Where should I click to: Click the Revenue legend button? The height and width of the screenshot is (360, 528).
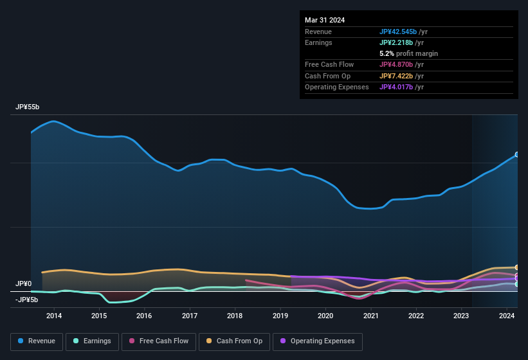click(37, 341)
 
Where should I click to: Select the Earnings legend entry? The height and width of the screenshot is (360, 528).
click(93, 341)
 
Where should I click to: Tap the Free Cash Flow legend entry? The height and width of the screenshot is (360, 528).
click(158, 341)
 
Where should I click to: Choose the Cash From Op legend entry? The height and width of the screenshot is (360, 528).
click(235, 341)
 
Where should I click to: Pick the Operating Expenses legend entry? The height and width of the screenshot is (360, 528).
click(318, 341)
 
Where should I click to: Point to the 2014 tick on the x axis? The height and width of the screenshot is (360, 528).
click(54, 316)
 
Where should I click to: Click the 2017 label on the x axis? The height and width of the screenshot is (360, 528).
click(190, 316)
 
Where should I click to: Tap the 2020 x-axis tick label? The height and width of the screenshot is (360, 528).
click(325, 316)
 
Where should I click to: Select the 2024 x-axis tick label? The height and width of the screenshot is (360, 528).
click(506, 316)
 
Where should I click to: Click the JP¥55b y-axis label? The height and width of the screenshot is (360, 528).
click(27, 107)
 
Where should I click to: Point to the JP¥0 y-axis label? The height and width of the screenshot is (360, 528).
click(23, 283)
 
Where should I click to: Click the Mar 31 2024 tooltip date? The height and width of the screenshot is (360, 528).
click(325, 20)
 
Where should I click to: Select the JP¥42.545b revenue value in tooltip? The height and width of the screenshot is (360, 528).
click(398, 32)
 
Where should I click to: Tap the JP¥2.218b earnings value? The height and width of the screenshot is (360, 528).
click(396, 42)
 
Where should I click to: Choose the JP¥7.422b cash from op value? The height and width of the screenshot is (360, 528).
click(396, 76)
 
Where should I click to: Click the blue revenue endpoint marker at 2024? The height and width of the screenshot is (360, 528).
click(517, 155)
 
